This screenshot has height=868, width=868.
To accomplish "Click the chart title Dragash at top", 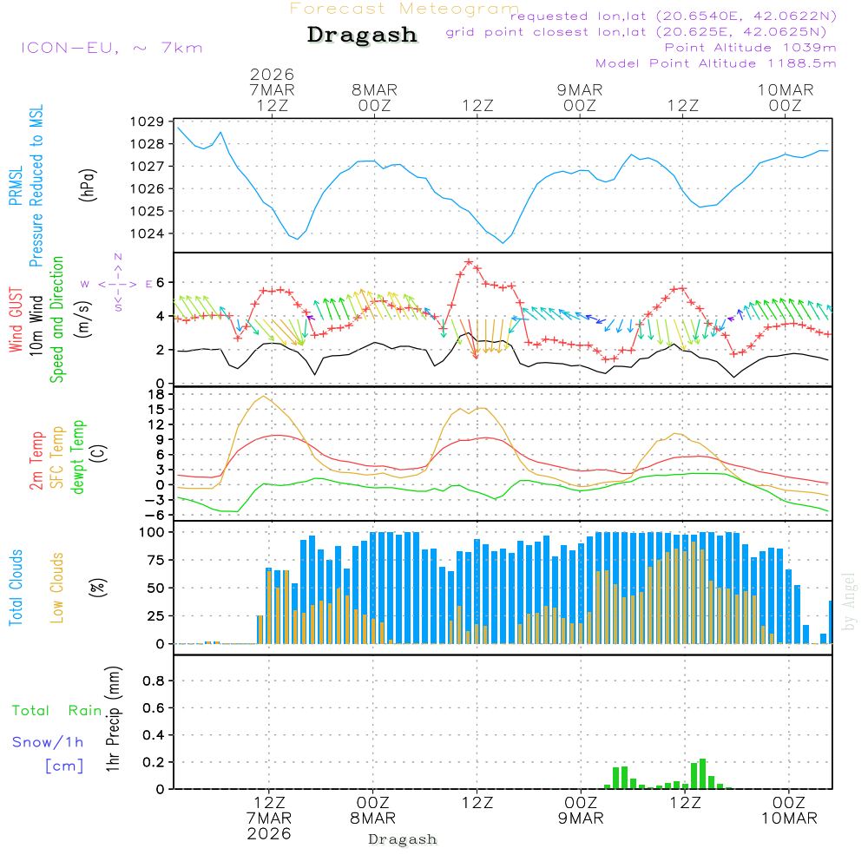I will tap(362, 36).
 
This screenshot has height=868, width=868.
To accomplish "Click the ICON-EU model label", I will tap(111, 48).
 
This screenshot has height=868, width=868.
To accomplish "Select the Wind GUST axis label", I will tap(16, 321).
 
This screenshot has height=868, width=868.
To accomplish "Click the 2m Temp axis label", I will tap(36, 461).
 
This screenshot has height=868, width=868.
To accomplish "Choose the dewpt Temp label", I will tap(78, 457).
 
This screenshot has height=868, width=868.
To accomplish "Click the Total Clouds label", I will tap(16, 587).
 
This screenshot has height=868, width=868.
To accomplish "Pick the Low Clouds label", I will tap(57, 587).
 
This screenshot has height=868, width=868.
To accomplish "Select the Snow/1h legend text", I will tap(48, 743).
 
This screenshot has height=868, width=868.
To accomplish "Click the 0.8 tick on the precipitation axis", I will tap(154, 681).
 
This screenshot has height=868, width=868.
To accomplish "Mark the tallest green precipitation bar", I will tap(702, 774).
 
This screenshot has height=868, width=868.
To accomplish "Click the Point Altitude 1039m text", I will tap(750, 48).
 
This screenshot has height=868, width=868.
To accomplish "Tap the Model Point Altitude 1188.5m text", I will tap(716, 63).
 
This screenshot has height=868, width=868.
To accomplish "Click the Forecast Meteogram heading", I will tap(404, 9).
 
